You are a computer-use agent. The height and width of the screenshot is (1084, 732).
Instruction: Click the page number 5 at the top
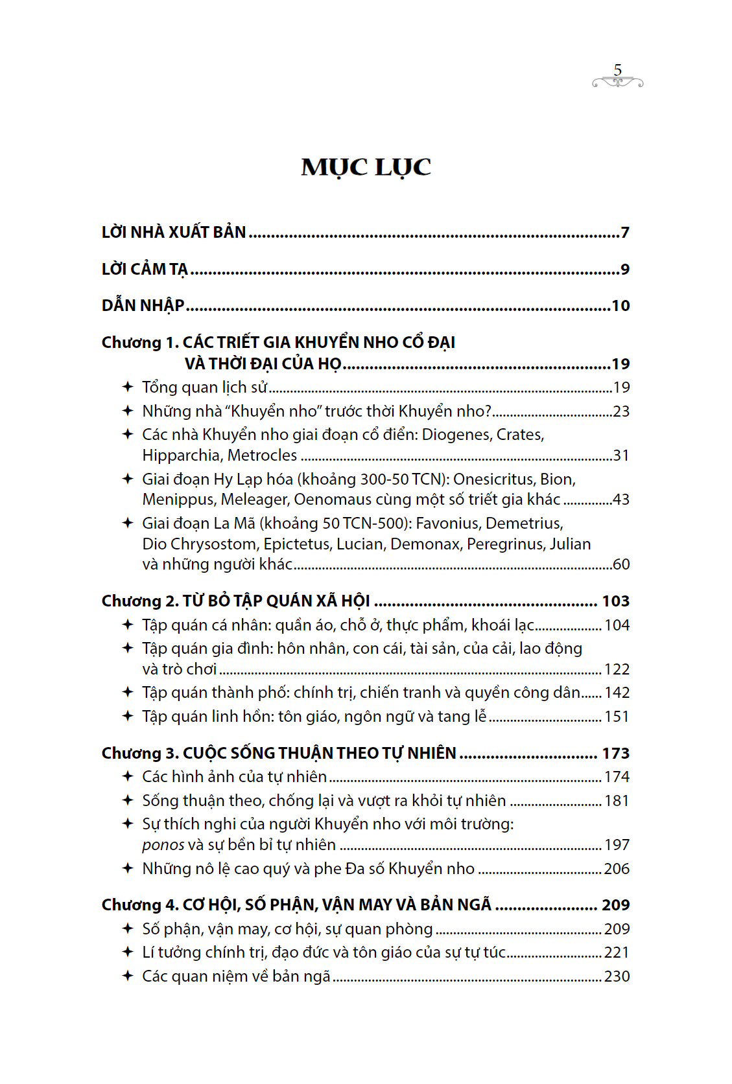pos(617,70)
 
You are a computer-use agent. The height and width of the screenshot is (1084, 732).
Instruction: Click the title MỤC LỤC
pos(366,168)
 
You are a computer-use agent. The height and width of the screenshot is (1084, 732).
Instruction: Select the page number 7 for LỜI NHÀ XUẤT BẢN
pos(625,233)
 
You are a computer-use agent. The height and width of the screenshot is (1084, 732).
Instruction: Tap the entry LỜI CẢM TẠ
pos(145,270)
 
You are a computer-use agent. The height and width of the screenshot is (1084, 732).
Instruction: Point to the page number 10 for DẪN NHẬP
pos(620,306)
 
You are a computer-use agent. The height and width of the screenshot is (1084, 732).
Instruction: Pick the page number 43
pos(620,500)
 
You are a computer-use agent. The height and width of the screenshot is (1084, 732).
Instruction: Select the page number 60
pos(620,564)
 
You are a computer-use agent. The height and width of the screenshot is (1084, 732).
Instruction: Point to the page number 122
pos(617,669)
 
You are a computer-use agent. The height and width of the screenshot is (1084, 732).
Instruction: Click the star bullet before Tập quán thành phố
pos(128,692)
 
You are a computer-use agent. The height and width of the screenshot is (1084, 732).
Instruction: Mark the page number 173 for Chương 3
pos(615,754)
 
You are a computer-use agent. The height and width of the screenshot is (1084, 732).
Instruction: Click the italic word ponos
pos(163,845)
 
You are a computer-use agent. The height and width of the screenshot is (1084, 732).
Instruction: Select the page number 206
pos(617,869)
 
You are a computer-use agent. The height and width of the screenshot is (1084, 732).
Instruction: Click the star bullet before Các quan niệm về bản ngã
pos(128,976)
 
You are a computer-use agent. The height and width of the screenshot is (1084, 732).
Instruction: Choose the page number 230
pos(617,976)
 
